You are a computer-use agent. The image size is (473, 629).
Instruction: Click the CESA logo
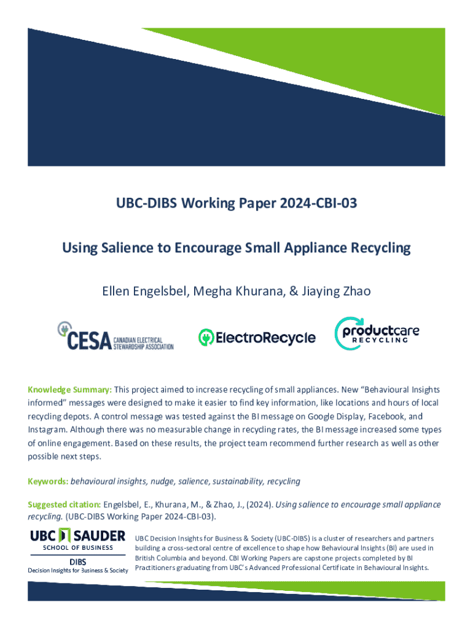(115, 337)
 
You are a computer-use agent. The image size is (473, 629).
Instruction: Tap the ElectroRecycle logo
(257, 337)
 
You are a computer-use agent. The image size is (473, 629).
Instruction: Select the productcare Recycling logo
(377, 333)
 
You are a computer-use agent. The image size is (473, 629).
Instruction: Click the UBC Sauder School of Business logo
(77, 540)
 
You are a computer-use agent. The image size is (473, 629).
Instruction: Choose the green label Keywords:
(48, 481)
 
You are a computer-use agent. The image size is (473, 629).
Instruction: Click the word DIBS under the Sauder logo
(77, 561)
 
